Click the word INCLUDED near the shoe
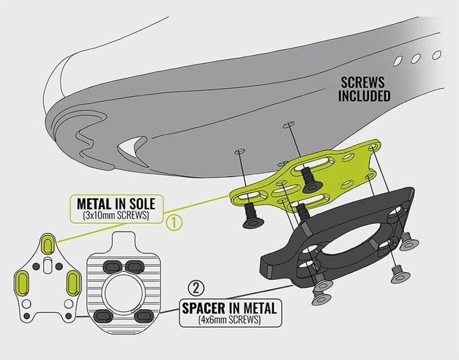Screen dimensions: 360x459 [x=364, y=96]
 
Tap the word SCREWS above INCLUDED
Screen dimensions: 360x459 [x=363, y=83]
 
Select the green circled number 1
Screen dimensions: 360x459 [x=174, y=223]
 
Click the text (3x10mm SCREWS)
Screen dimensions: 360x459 [x=116, y=216]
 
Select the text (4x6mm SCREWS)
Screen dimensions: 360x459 [x=229, y=320]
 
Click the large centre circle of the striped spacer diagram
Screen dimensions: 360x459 [x=123, y=291]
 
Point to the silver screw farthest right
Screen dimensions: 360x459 [x=408, y=244]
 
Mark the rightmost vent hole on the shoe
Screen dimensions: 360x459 [x=437, y=55]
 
